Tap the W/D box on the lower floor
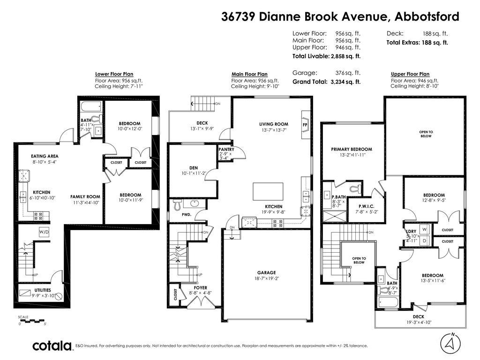point(44,232)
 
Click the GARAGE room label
point(266,272)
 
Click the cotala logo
point(52,346)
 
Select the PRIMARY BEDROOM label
point(351,149)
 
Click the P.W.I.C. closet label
point(366,206)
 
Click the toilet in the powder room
point(177,205)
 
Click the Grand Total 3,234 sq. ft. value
point(345,82)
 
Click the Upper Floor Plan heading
point(410,74)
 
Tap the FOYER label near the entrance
point(200,288)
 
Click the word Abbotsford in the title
point(427,17)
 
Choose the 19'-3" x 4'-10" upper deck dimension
point(419,323)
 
